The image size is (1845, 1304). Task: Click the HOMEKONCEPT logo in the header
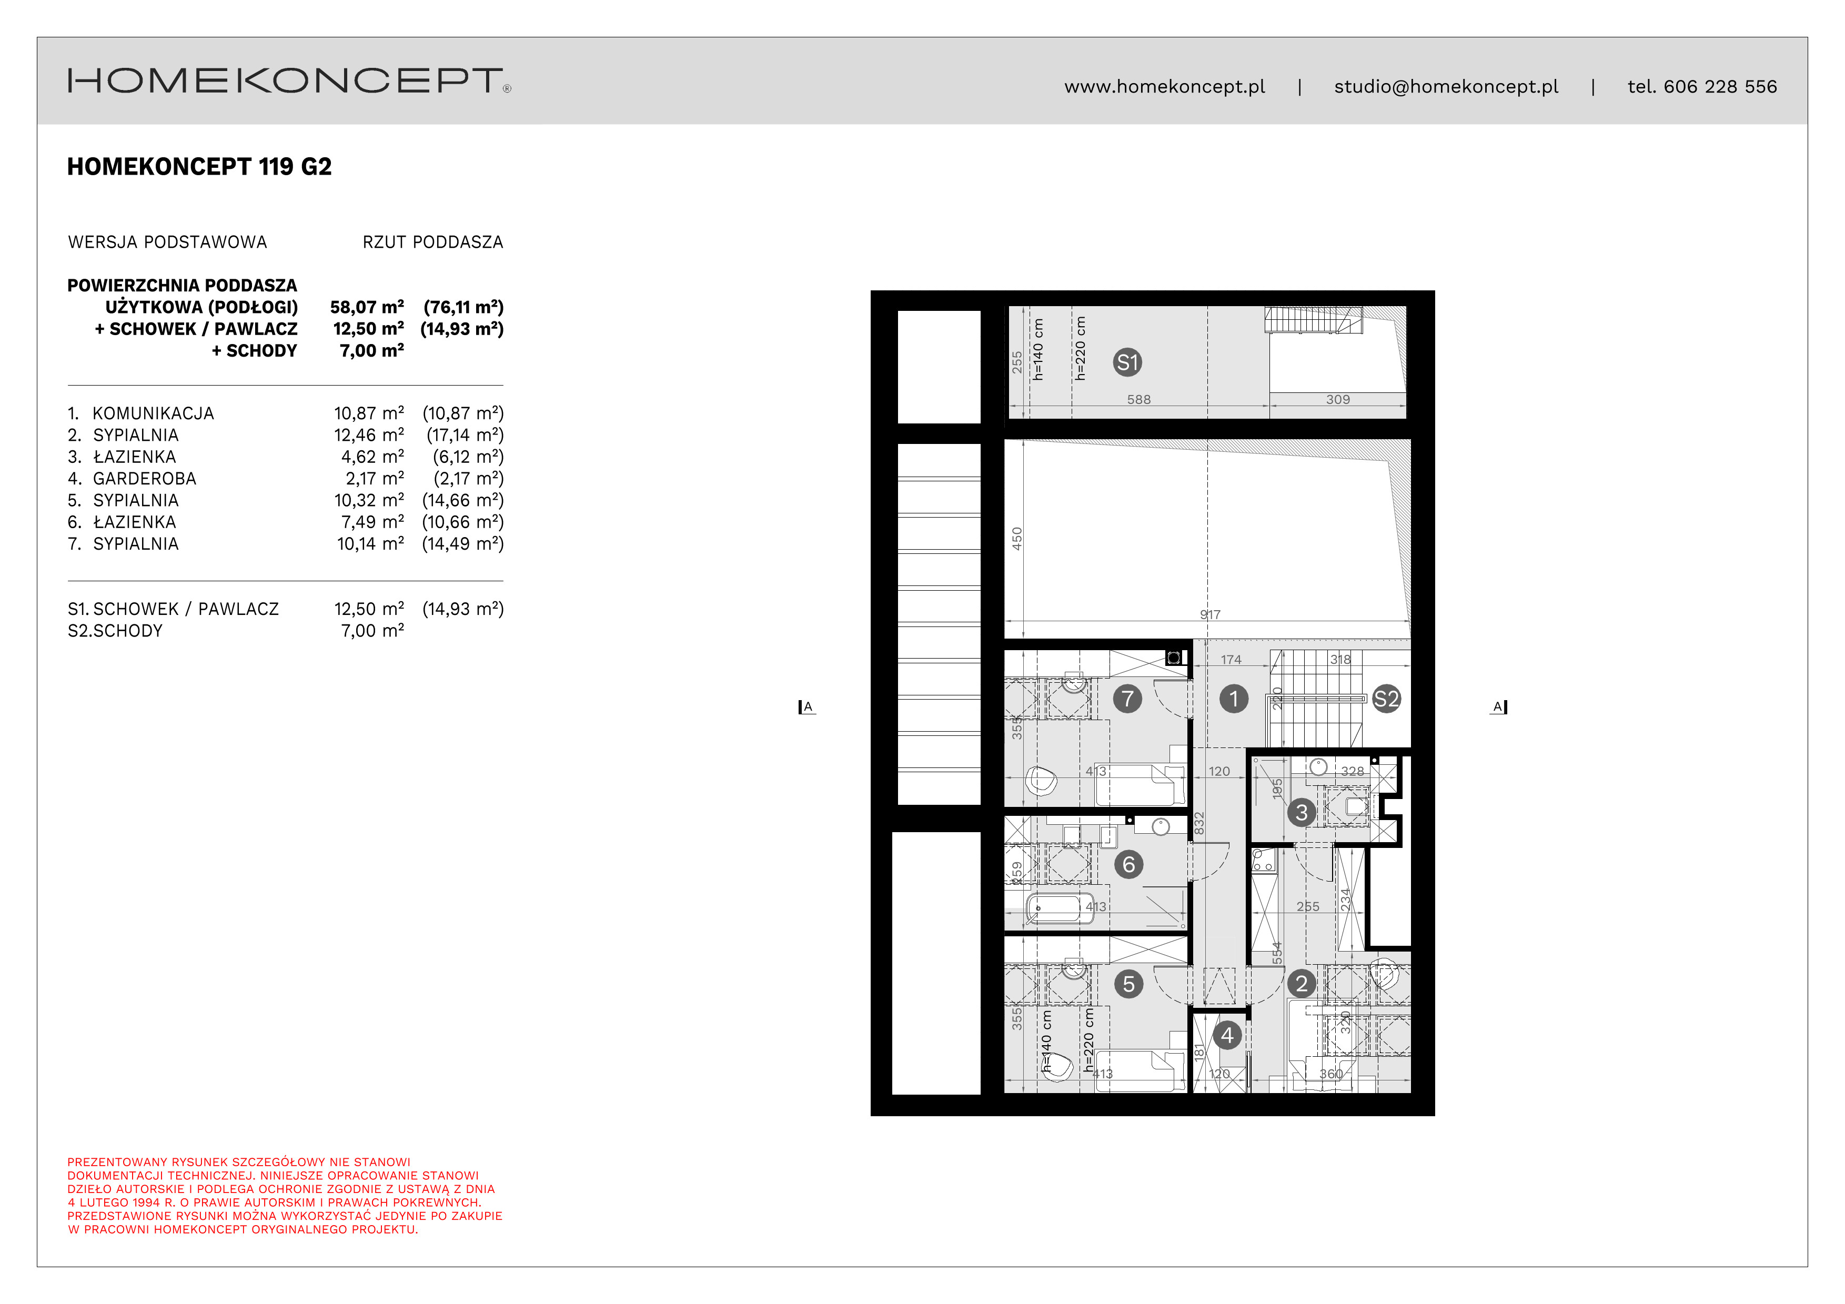click(288, 80)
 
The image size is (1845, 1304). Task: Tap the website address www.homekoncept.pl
click(1164, 87)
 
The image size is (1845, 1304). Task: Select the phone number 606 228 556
click(1720, 87)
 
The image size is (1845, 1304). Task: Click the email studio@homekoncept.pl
click(1446, 87)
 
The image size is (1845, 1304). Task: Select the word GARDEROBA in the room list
click(145, 479)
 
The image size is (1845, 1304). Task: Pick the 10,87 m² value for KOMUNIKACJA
click(369, 414)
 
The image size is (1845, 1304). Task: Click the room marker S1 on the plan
click(1127, 362)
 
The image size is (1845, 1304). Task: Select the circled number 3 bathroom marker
click(1301, 812)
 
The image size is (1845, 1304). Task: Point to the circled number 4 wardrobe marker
click(1227, 1035)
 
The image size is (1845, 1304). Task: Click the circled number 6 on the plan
click(1128, 865)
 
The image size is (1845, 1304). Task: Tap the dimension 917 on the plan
click(1210, 614)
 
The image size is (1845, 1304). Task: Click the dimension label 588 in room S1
click(1138, 399)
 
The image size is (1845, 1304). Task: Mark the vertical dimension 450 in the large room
click(1016, 538)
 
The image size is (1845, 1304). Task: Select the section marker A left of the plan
click(807, 707)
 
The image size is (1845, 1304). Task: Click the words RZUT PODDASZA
click(432, 242)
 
